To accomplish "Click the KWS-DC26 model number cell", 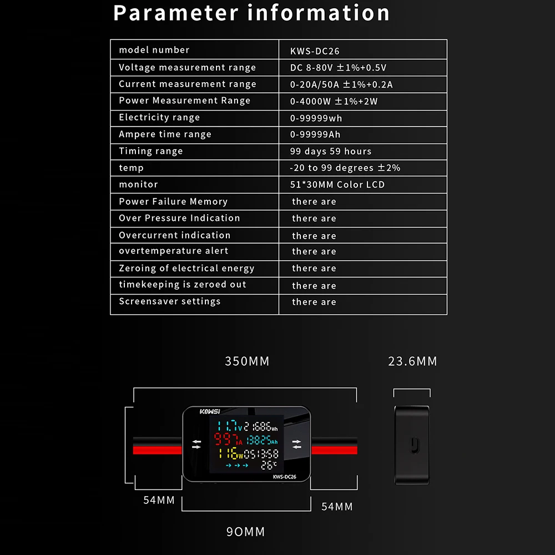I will pyautogui.click(x=315, y=51).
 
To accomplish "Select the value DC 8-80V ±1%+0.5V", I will pyautogui.click(x=338, y=68).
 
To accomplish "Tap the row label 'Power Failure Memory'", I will pyautogui.click(x=173, y=201).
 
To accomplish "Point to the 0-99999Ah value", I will pyautogui.click(x=315, y=134).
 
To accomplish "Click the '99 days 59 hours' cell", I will pyautogui.click(x=331, y=151).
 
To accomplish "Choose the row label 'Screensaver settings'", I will pyautogui.click(x=170, y=301).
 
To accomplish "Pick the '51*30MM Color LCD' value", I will pyautogui.click(x=337, y=184).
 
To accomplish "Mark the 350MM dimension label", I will pyautogui.click(x=247, y=361).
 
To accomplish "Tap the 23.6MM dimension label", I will pyautogui.click(x=413, y=361).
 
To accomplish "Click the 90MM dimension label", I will pyautogui.click(x=246, y=532).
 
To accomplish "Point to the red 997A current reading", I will pyautogui.click(x=228, y=441).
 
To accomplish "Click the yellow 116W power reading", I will pyautogui.click(x=230, y=453).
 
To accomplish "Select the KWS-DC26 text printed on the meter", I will pyautogui.click(x=284, y=476).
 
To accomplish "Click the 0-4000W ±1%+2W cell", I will pyautogui.click(x=334, y=101).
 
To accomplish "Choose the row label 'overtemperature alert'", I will pyautogui.click(x=174, y=251).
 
